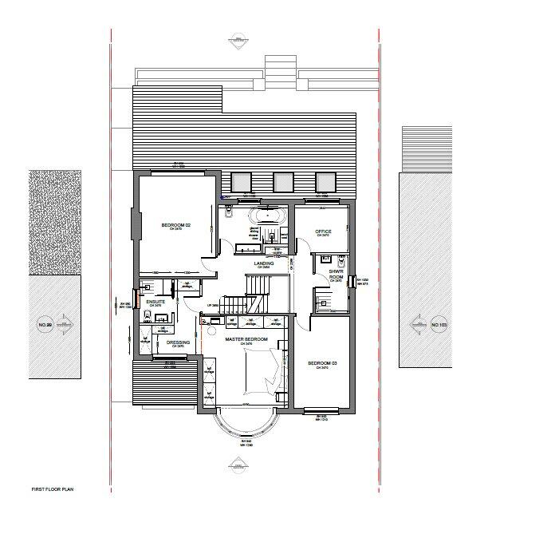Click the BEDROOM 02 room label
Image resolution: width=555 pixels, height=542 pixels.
click(x=177, y=227)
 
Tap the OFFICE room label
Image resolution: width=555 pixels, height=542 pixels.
click(x=323, y=231)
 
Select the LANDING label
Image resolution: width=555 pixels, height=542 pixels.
click(x=264, y=263)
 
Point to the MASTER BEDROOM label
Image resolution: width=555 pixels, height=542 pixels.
click(x=246, y=339)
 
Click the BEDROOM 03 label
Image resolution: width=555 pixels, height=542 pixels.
click(x=322, y=364)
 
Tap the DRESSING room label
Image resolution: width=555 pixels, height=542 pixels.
click(x=178, y=343)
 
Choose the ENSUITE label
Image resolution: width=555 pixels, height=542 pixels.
click(x=155, y=303)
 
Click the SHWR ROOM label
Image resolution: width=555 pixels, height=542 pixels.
click(x=336, y=274)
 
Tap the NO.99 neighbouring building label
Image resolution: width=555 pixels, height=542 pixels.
click(x=45, y=326)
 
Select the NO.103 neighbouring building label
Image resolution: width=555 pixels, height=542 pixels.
click(x=439, y=326)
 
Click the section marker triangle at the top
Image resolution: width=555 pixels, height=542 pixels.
click(x=237, y=38)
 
